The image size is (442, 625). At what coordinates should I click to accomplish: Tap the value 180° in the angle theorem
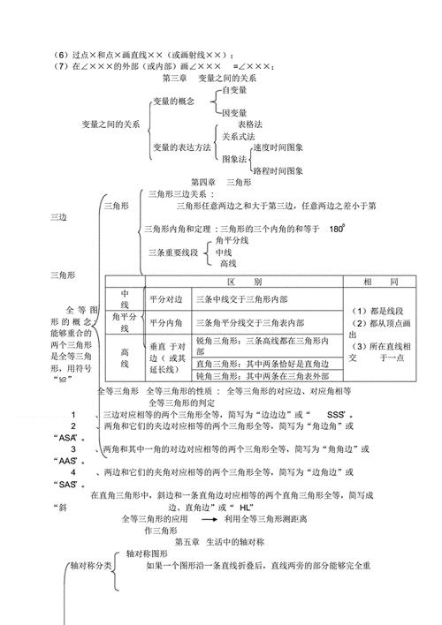coord(335,229)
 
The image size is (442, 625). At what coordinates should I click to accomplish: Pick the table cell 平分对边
coord(165,299)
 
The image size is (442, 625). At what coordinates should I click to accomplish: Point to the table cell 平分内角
coord(165,322)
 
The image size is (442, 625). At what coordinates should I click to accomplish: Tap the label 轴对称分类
coord(92,565)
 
